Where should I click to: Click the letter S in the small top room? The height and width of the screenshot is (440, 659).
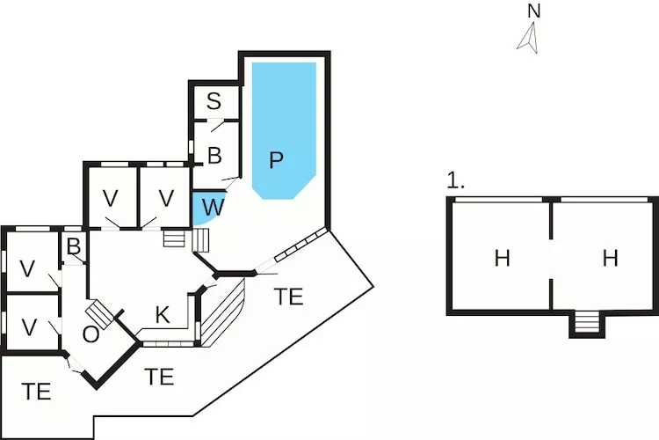214,101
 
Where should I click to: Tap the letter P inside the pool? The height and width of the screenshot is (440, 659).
277,160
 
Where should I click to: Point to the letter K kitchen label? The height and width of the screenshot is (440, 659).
163,315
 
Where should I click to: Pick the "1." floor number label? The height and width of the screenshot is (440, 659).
455,181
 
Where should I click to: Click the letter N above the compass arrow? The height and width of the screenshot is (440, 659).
533,11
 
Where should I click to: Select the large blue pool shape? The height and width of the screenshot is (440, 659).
284,123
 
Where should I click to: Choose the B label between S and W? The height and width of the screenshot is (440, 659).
214,157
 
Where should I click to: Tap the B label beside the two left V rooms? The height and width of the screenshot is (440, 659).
74,246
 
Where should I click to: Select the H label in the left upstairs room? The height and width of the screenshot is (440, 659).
502,259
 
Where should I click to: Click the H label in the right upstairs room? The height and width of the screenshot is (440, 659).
611,259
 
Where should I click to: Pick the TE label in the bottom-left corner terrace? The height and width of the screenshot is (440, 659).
37,392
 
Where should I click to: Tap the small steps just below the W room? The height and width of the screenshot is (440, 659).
176,238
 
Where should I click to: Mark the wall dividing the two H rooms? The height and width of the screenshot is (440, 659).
551,255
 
